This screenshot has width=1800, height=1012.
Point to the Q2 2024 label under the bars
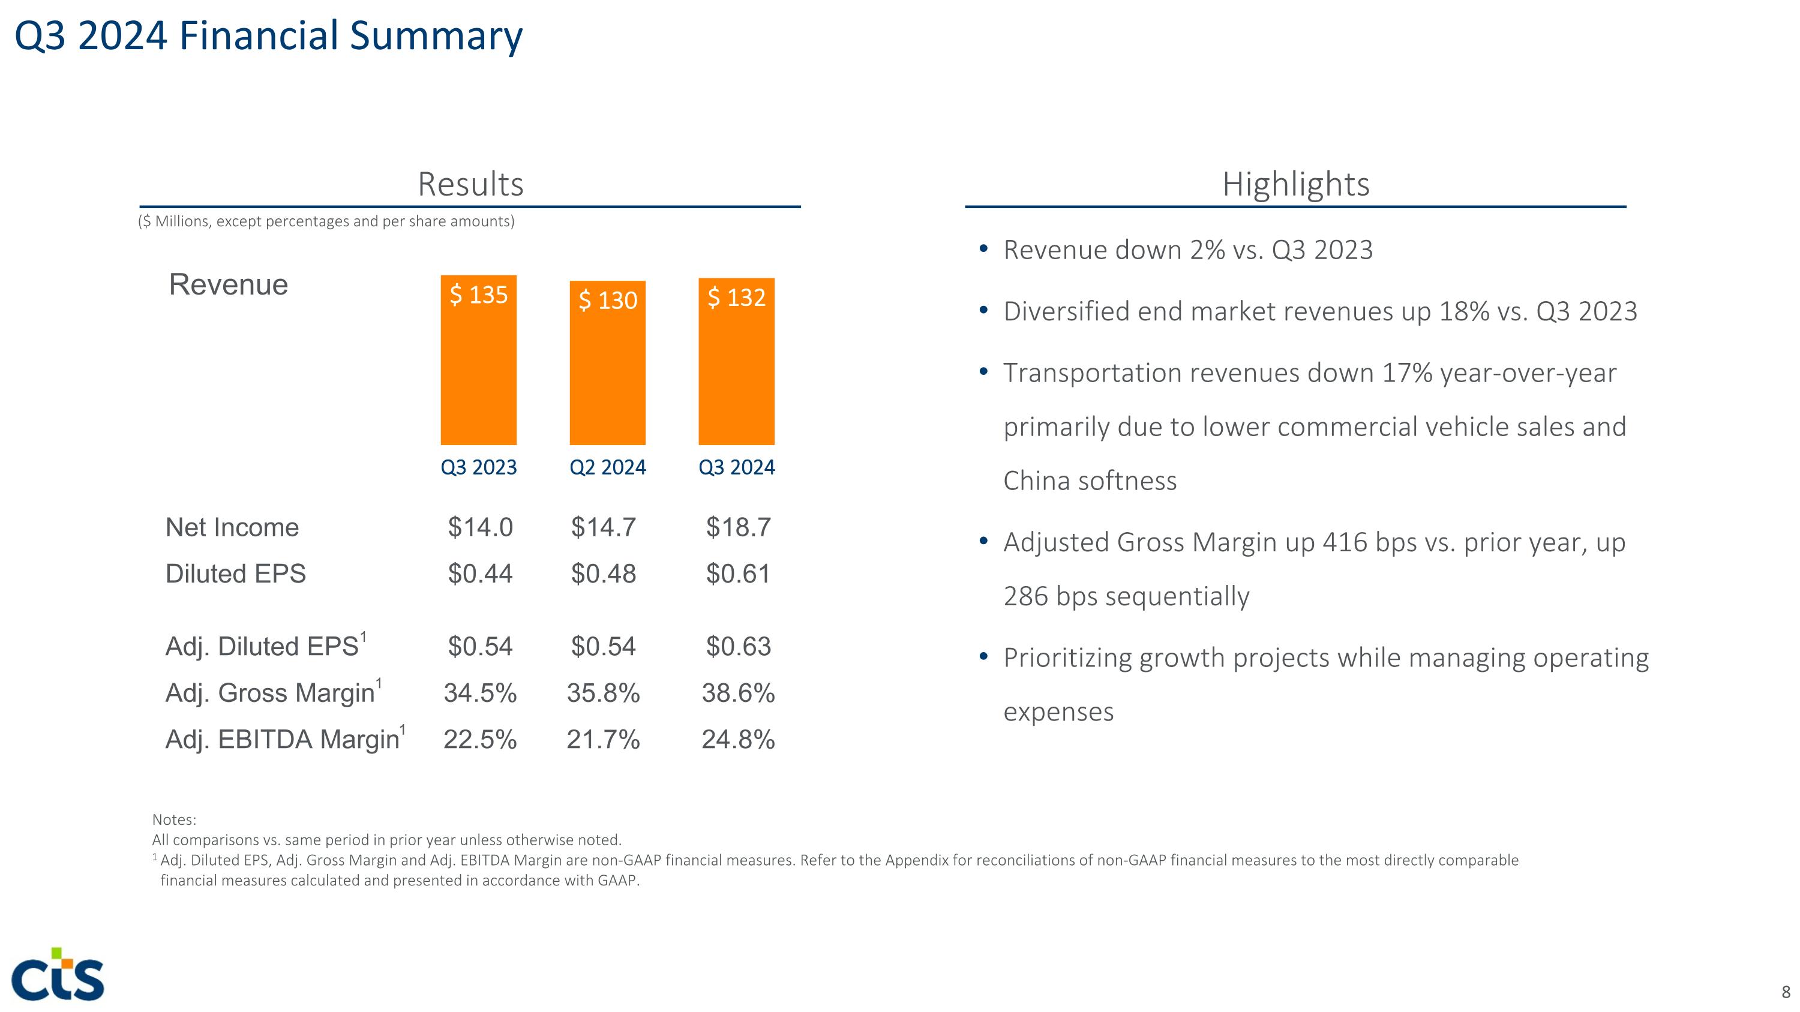click(607, 467)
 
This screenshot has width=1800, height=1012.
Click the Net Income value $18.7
click(738, 527)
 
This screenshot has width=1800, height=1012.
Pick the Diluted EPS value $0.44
click(480, 574)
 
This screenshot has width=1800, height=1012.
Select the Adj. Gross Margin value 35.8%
click(603, 693)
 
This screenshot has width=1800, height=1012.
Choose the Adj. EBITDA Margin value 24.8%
click(738, 740)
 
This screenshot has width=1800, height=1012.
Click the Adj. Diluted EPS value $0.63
click(738, 647)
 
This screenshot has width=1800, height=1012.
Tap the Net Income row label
click(232, 527)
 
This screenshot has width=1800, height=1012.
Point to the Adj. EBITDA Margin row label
click(282, 740)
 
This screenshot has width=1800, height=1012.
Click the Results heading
click(470, 184)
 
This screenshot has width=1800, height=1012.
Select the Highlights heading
click(1295, 184)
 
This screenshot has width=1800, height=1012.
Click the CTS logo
click(58, 974)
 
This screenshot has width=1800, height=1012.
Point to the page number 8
click(1786, 992)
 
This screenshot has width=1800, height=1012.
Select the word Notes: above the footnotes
click(174, 820)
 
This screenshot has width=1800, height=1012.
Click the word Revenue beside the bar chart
click(229, 285)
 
